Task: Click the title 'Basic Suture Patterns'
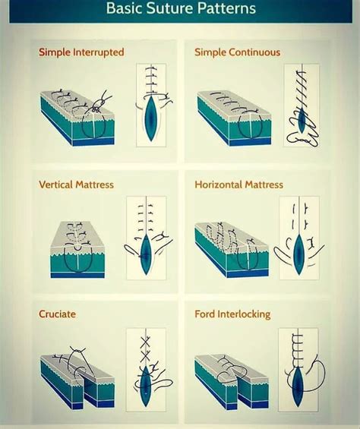[x=181, y=10]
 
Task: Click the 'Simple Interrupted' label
[x=81, y=52]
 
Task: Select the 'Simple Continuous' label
[x=237, y=52]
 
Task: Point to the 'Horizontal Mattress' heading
[x=238, y=185]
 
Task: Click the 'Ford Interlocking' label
[x=232, y=314]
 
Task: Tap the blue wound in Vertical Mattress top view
[x=146, y=248]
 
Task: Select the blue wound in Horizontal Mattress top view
[x=299, y=254]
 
